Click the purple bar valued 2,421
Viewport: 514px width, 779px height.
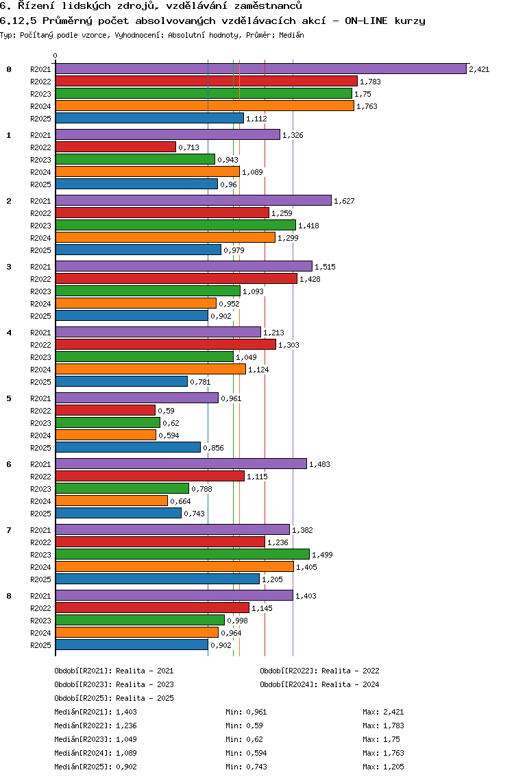(260, 69)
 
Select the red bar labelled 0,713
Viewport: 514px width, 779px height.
(116, 147)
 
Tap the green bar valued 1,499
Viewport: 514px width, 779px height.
(182, 554)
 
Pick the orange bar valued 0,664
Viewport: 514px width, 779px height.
(112, 501)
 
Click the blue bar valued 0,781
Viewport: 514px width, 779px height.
(121, 381)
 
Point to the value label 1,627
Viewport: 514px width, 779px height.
(344, 201)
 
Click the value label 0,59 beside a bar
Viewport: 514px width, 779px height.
(167, 411)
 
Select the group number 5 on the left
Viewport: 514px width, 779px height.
(9, 398)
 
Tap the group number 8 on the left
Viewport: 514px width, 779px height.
(9, 596)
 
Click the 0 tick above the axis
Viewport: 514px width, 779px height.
(56, 56)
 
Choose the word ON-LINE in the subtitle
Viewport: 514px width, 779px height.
(369, 21)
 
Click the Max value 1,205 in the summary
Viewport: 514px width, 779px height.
(393, 767)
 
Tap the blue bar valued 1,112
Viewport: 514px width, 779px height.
(149, 118)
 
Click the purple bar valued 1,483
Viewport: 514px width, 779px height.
(181, 464)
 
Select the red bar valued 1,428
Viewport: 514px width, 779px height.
(176, 278)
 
